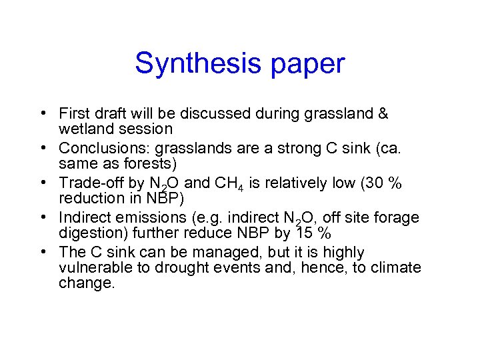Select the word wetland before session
pyautogui.click(x=83, y=128)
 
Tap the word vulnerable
pyautogui.click(x=93, y=268)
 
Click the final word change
pyautogui.click(x=87, y=283)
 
